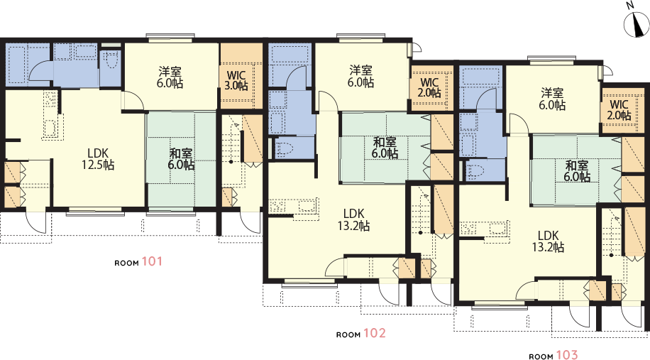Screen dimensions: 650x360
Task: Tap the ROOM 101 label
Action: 138,262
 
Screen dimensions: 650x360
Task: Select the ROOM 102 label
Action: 360,334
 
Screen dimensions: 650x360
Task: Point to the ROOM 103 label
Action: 553,355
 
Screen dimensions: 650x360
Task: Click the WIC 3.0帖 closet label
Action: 236,80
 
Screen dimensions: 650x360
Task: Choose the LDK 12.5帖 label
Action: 98,159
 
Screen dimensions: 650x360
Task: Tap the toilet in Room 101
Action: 110,60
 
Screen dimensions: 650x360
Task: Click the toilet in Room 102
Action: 286,149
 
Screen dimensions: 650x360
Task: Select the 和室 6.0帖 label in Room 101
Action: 181,159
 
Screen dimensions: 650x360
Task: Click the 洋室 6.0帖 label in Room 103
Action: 552,99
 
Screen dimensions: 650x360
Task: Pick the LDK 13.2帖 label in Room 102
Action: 353,220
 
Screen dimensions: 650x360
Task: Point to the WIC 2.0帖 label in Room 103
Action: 619,109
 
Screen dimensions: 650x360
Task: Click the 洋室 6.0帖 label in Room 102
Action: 360,76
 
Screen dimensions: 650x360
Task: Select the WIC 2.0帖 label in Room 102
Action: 429,87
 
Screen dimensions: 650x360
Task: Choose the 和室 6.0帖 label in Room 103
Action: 577,171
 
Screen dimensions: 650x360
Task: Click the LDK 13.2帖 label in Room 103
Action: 548,241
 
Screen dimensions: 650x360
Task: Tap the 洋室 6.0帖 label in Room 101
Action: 170,77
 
